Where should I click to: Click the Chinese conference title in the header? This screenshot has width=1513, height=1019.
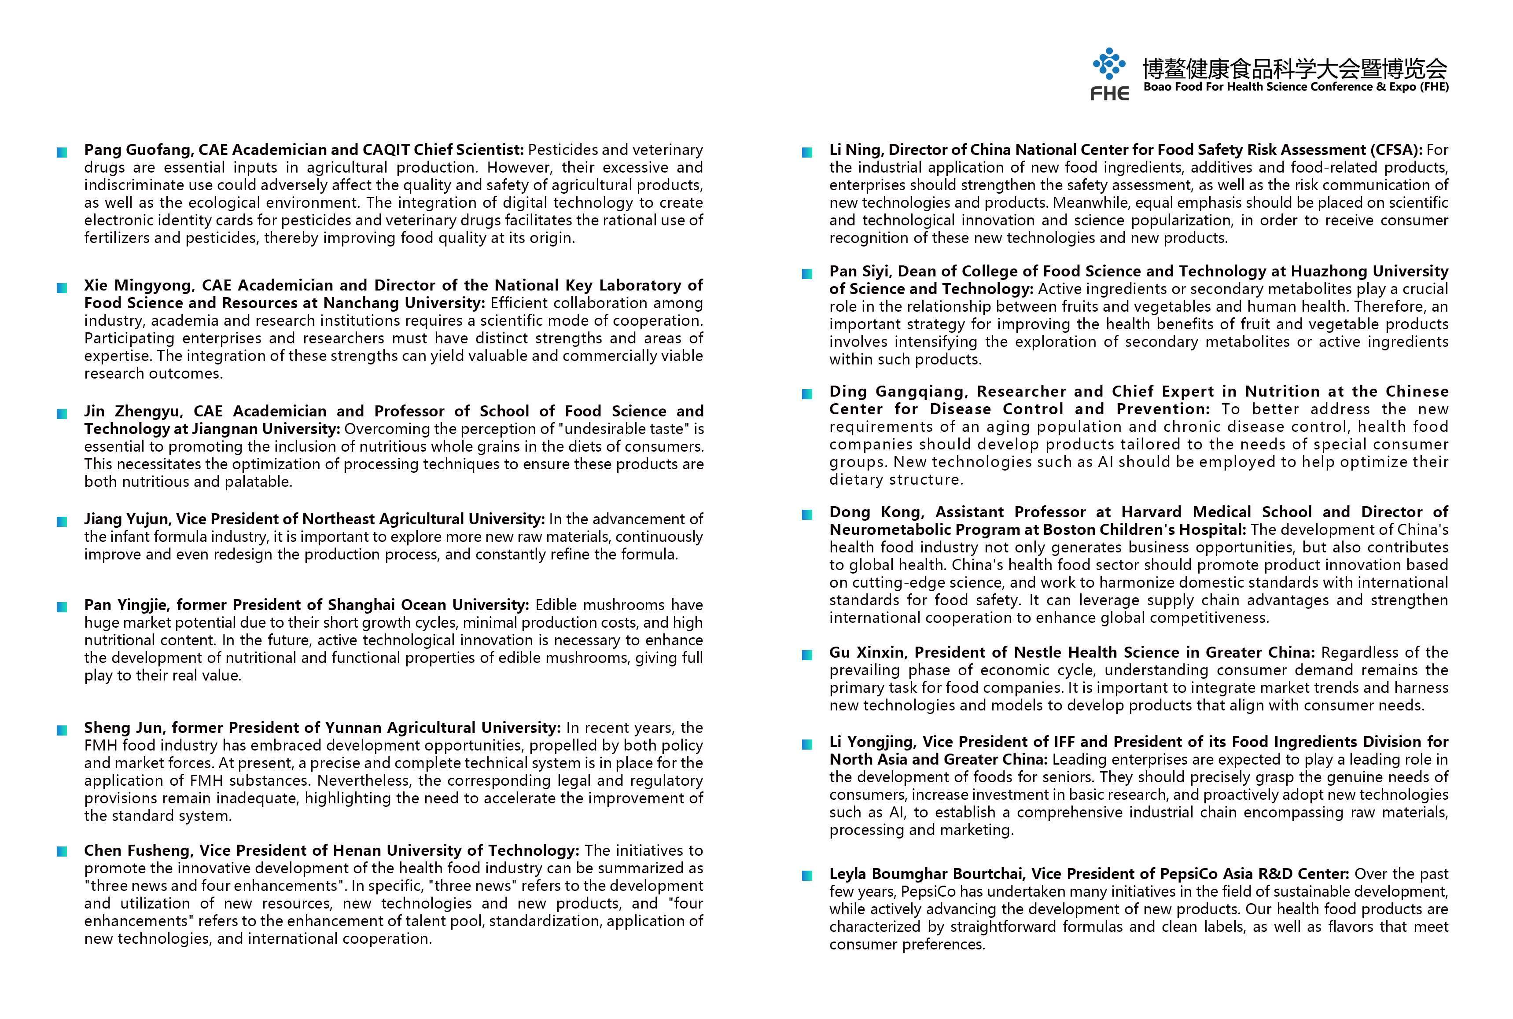tap(1295, 68)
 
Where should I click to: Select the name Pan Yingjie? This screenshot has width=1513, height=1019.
tap(126, 605)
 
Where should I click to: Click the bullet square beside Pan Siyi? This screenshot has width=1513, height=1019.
tap(807, 274)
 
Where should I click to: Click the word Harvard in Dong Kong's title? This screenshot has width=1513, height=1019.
tap(1153, 512)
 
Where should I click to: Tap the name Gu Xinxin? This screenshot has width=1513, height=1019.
tap(866, 652)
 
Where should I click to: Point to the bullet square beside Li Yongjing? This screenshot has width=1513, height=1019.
tap(807, 744)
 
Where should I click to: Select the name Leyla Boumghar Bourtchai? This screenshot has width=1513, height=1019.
tap(924, 874)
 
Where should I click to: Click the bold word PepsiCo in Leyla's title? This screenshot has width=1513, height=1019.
tap(1195, 874)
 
